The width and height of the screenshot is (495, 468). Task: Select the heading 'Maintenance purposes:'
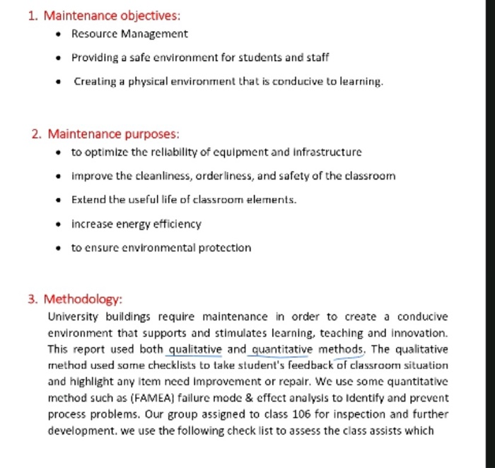(113, 134)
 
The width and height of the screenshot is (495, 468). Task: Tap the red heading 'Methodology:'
(83, 299)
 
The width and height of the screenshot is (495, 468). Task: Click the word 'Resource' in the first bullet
(93, 34)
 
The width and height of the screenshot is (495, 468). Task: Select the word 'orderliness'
(214, 176)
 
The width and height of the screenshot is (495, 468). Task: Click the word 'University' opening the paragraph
(73, 317)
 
